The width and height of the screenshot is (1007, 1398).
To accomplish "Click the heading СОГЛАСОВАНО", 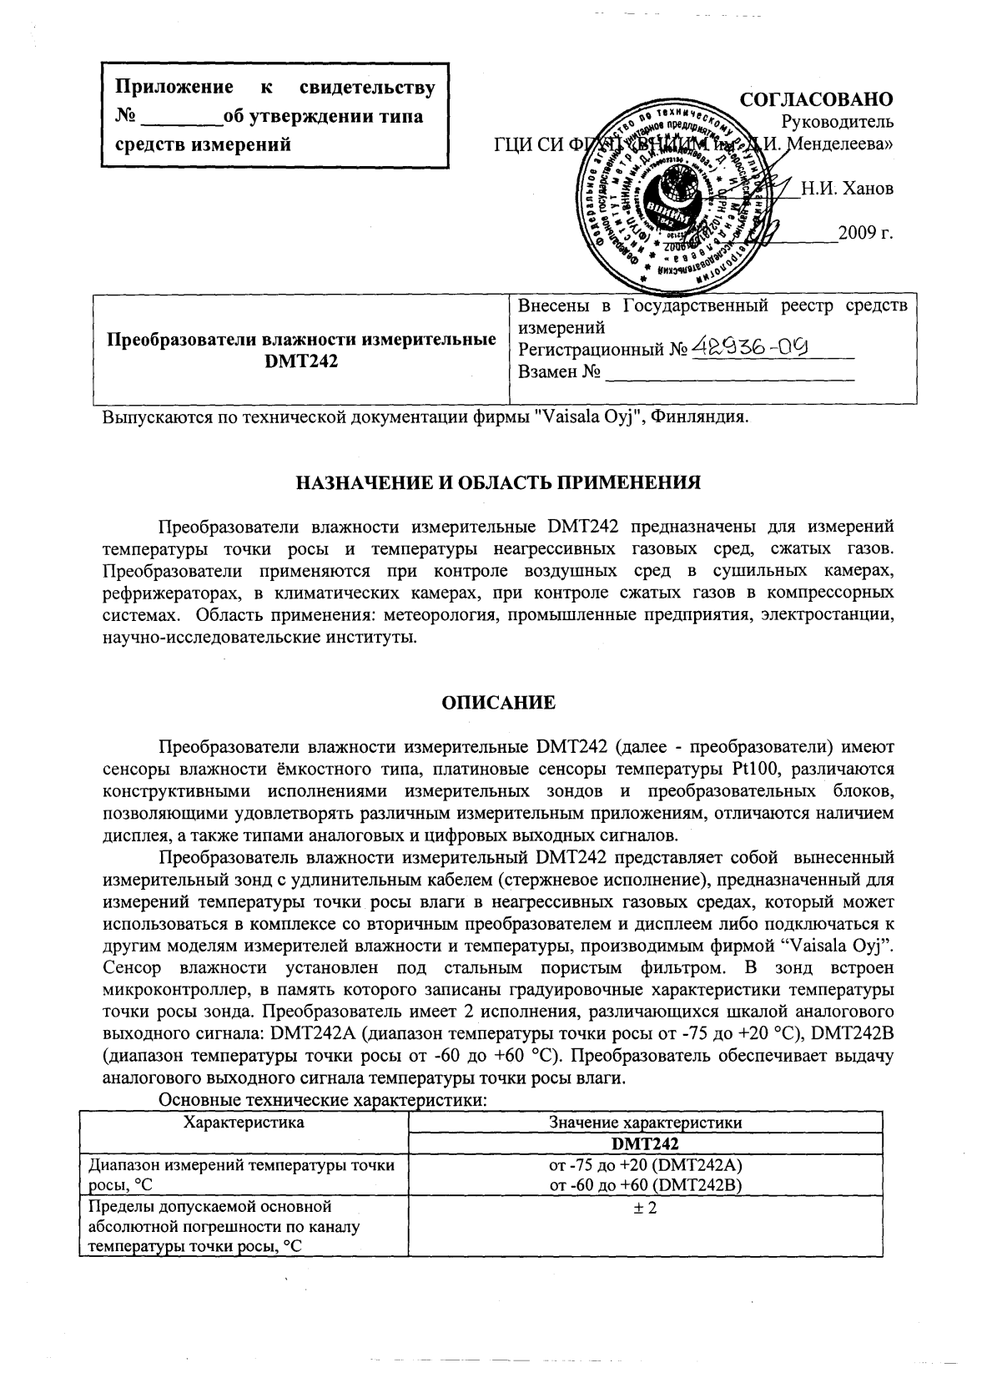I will point(817,99).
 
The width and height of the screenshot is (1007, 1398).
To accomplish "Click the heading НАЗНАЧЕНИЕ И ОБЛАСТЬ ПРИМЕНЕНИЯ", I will point(498,482).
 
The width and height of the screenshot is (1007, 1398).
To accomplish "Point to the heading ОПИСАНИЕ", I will point(498,702).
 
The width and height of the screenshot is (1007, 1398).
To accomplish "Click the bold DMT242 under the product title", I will point(301,362).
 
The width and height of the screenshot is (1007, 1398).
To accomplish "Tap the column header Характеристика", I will point(244,1122).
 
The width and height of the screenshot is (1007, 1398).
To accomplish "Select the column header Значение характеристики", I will point(645,1123).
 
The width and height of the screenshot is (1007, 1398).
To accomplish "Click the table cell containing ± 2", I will point(645,1207).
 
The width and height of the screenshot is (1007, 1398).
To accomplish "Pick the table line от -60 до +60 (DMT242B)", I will point(645,1184).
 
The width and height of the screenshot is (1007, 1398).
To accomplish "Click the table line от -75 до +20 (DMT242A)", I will point(645,1164).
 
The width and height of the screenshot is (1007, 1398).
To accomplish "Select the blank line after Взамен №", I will point(730,372).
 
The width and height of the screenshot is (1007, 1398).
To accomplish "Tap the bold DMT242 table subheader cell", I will point(645,1143).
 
